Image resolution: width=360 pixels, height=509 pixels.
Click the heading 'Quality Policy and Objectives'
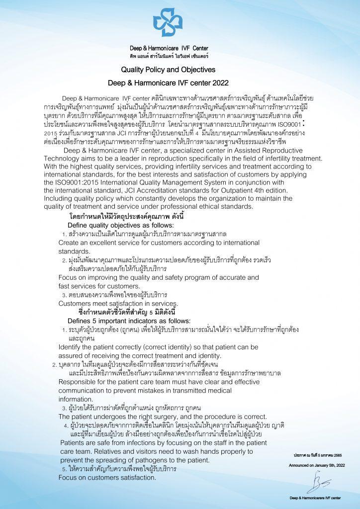[x=168, y=69]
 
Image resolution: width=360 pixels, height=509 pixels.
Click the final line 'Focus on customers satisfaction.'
[x=107, y=478]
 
